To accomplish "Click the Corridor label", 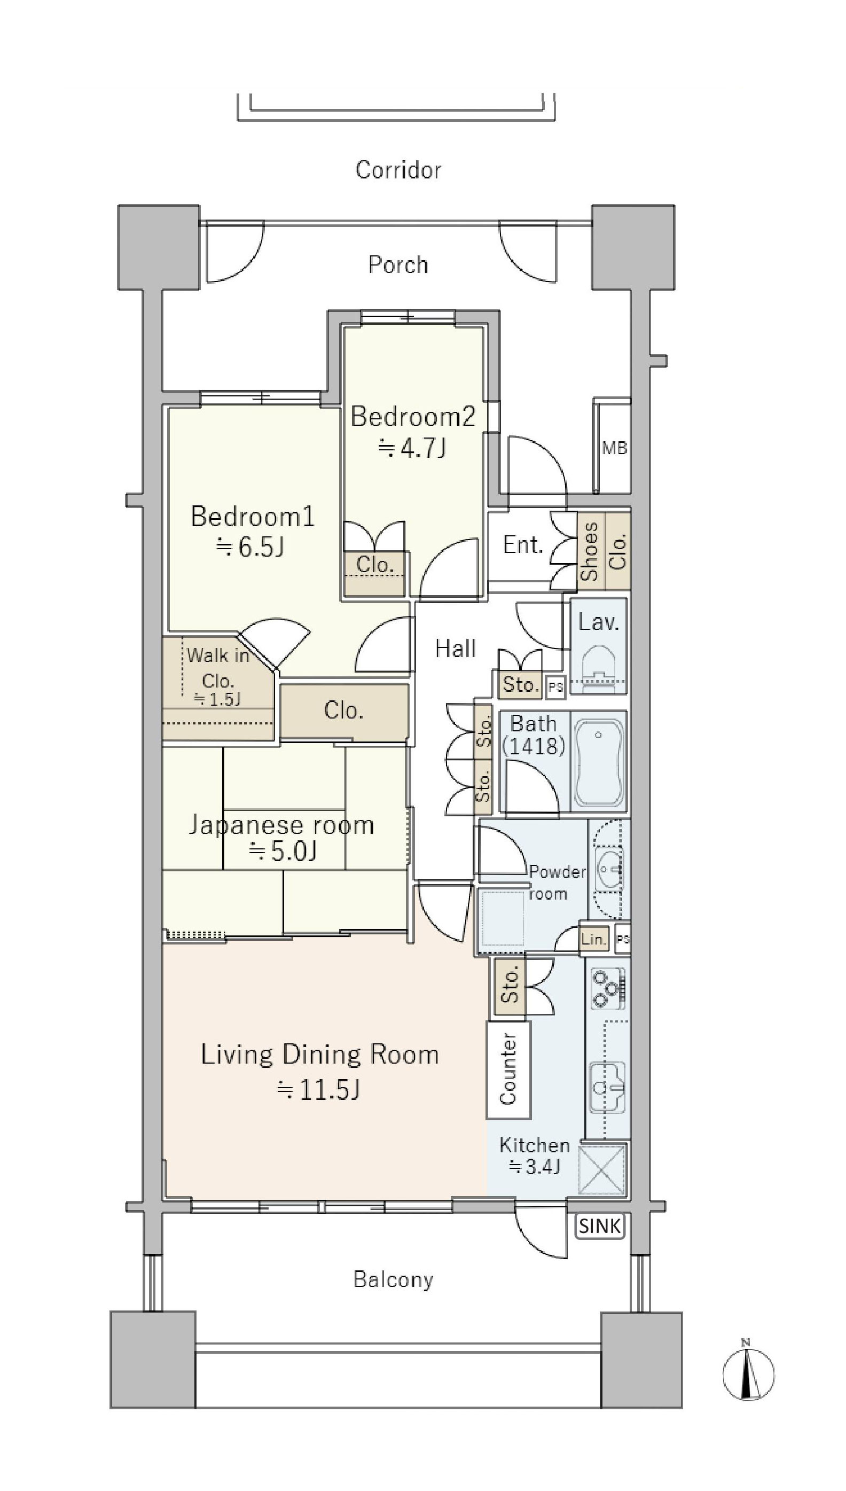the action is coord(398,170).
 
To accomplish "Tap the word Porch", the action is coord(398,265).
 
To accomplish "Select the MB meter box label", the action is coord(614,448).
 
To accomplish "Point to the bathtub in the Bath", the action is coord(599,761).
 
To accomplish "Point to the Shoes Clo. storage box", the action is coord(604,551).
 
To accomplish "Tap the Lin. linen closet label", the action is coord(594,939).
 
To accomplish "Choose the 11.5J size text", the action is coord(319,1090).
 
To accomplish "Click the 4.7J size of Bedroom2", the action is coord(412,448).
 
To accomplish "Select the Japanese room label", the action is coord(281,825).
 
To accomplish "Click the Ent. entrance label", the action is coord(523,545).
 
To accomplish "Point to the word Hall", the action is coord(456,649).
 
